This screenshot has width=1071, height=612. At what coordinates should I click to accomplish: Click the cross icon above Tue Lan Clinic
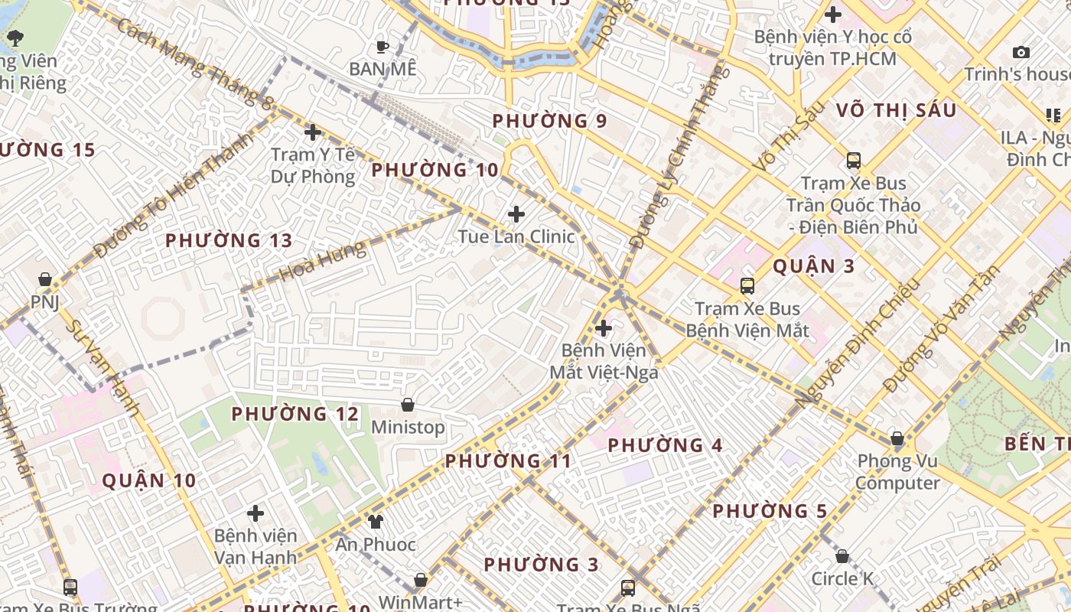(516, 213)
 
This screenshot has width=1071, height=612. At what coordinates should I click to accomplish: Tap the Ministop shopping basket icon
(408, 404)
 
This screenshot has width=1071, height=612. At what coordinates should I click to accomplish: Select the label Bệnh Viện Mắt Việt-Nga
(604, 361)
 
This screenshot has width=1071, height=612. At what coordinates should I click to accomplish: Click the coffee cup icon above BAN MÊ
(382, 46)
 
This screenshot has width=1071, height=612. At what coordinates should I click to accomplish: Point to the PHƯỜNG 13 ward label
(229, 240)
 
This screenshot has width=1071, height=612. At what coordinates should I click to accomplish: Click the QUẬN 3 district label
(813, 266)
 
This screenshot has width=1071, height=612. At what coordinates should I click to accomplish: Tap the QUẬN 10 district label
(149, 480)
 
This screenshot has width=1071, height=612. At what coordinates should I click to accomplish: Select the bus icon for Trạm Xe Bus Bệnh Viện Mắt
(747, 286)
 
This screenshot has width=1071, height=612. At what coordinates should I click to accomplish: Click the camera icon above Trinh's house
(1021, 52)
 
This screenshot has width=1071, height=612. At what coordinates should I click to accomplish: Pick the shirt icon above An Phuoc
(375, 522)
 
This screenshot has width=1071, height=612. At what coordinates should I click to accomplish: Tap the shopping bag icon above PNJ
(45, 279)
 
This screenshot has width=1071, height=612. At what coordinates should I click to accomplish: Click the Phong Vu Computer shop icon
(897, 439)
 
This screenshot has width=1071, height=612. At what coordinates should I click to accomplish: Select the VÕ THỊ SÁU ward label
(896, 110)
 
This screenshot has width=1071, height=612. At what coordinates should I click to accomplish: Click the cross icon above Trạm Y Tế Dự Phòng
(312, 132)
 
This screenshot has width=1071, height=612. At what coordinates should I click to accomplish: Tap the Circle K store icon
(842, 556)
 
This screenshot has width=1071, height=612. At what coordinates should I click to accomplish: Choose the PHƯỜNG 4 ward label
(665, 444)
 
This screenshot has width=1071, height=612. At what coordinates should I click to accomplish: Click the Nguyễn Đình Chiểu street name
(856, 342)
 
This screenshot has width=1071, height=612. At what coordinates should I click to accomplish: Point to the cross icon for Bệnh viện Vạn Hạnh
(256, 513)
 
